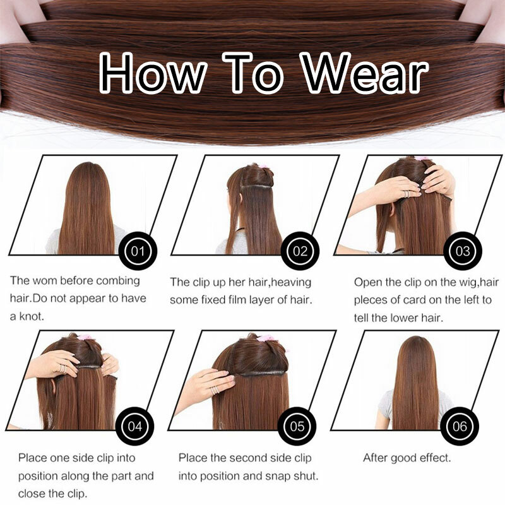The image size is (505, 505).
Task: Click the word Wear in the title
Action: [x=364, y=73]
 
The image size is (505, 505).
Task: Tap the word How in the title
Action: [x=153, y=73]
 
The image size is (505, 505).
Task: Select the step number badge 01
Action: [x=138, y=251]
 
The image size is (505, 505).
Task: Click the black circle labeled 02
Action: [x=300, y=251]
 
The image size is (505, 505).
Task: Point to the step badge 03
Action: [x=463, y=251]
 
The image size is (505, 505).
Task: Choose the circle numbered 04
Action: [x=134, y=427]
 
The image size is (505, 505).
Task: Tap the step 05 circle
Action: [x=297, y=427]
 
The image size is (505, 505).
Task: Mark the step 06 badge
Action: [x=460, y=427]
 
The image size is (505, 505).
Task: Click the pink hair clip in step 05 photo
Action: [x=265, y=338]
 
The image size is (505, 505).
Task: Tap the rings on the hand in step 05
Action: [x=215, y=389]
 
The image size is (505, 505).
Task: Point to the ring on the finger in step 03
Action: [x=407, y=194]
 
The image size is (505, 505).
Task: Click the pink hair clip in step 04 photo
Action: [x=85, y=337]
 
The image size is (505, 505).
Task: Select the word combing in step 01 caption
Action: [x=118, y=281]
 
